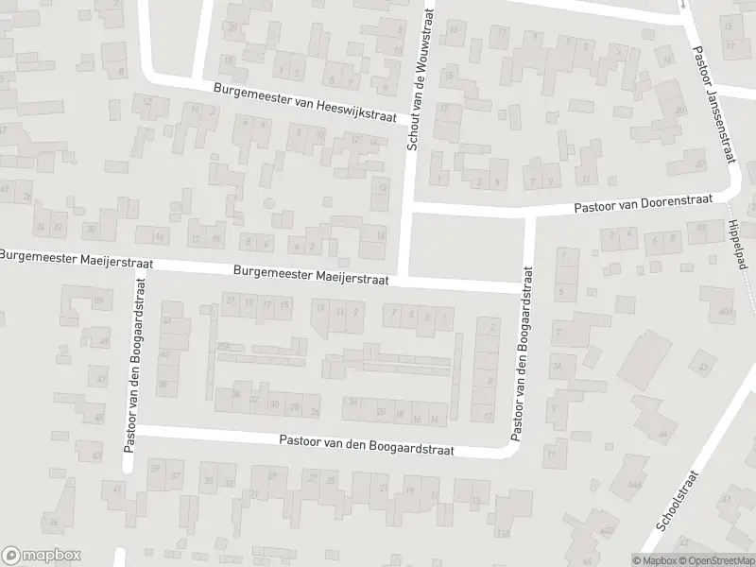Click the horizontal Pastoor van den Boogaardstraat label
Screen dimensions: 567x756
point(367,445)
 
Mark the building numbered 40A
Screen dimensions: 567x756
point(726,311)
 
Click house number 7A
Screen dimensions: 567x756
point(558,366)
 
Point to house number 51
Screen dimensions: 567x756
point(98,301)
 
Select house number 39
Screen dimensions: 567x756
point(154,469)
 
